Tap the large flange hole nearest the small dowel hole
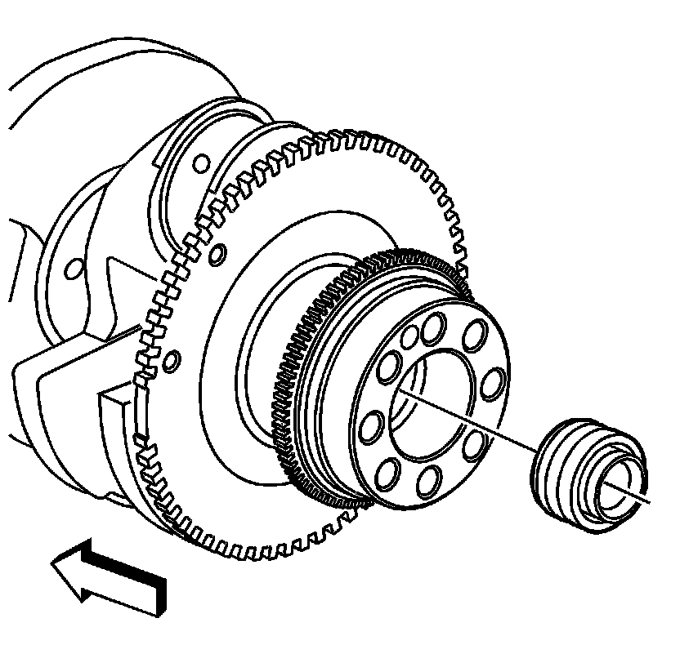[431, 330]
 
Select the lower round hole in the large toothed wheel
[171, 358]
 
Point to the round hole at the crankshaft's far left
[71, 267]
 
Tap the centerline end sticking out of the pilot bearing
[650, 500]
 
